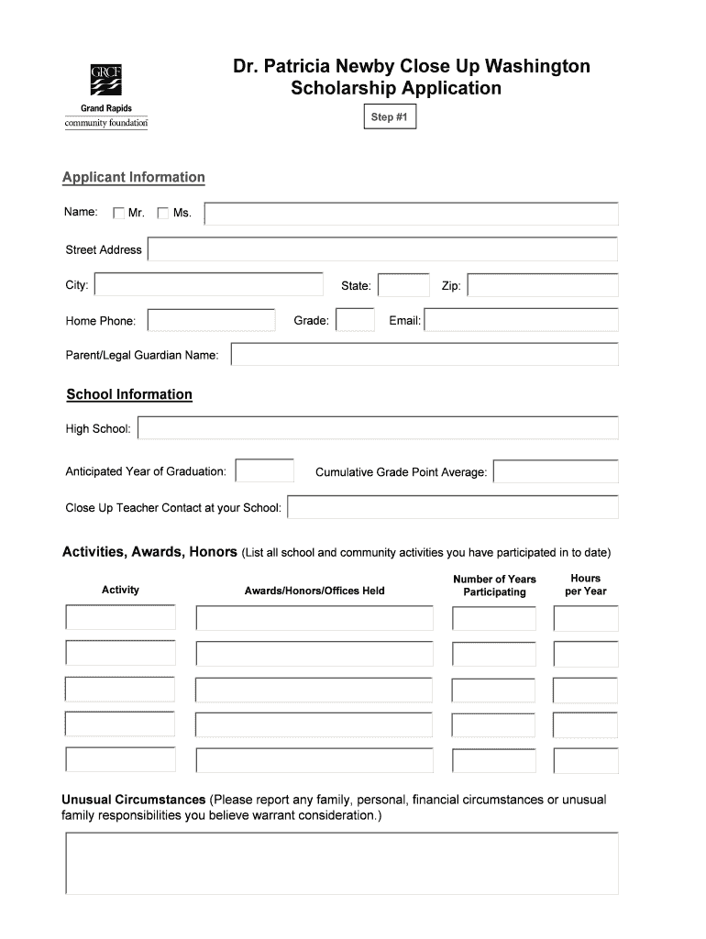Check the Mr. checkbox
coord(118,214)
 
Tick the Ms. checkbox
coord(163,214)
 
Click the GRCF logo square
coord(105,80)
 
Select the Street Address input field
coord(382,249)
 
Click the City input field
coord(209,285)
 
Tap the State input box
coord(403,286)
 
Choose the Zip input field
coord(543,286)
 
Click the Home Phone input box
coord(211,320)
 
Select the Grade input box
coord(355,320)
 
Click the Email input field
coord(521,320)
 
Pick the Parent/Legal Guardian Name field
coord(425,355)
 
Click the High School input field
coord(378,428)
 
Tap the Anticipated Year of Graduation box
coord(265,471)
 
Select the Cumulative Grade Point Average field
coord(556,472)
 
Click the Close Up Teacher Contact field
coord(453,507)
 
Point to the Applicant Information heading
coord(134,177)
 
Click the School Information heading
coord(129,394)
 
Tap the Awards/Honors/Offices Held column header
coord(314,591)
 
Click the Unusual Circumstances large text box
coord(341,863)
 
